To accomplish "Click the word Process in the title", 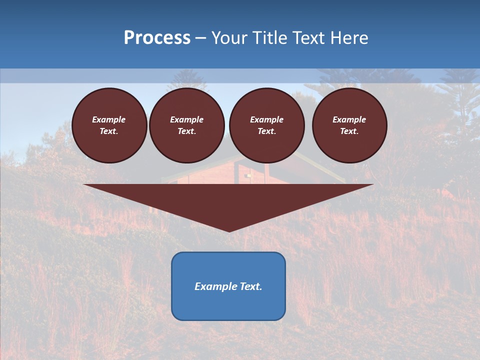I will tap(157, 38).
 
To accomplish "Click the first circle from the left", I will tap(109, 125).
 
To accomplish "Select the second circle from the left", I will tap(187, 125).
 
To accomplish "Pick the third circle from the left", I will tap(267, 125).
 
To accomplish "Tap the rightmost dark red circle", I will tap(349, 125).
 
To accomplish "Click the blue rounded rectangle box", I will tap(228, 286).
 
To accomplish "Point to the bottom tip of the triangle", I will tap(229, 230).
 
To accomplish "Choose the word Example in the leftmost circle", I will tap(109, 119).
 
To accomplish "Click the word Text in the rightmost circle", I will tap(348, 131).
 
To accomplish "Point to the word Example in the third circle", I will tap(267, 119).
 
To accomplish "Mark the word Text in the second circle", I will tap(186, 131).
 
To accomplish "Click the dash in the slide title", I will tap(200, 38).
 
